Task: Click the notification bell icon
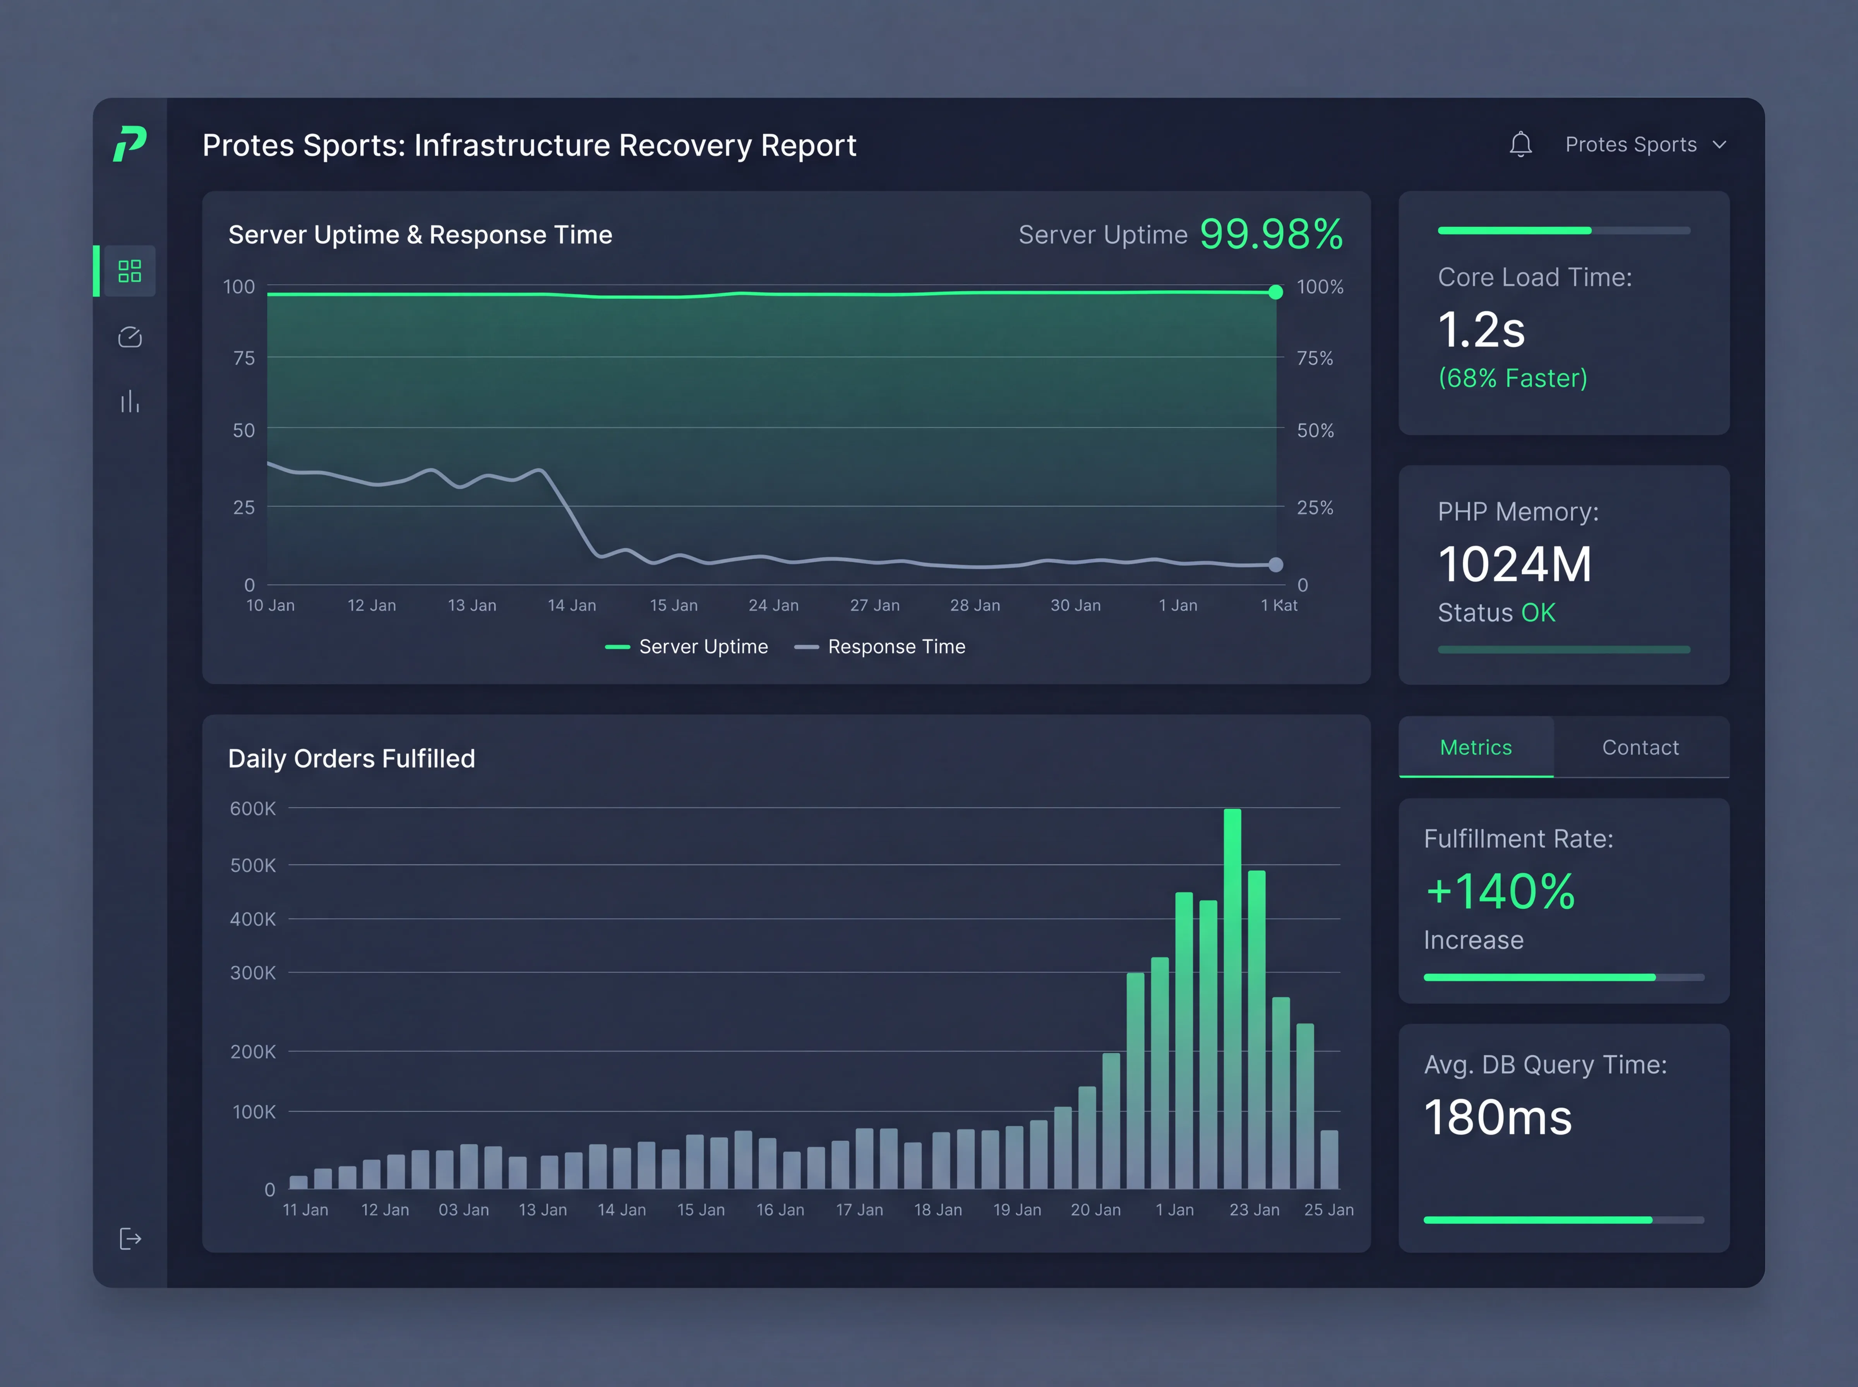pos(1520,144)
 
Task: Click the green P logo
pos(130,144)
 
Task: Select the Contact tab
pos(1640,747)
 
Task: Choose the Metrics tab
pos(1476,747)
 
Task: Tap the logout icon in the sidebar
pos(130,1238)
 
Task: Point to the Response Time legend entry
pos(880,647)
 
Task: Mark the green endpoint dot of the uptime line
pos(1275,292)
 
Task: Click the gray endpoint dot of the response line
pos(1275,565)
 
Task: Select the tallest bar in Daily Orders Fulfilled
pos(1232,998)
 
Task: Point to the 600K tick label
pos(253,808)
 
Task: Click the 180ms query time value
pos(1498,1118)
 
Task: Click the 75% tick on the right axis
pos(1315,358)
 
